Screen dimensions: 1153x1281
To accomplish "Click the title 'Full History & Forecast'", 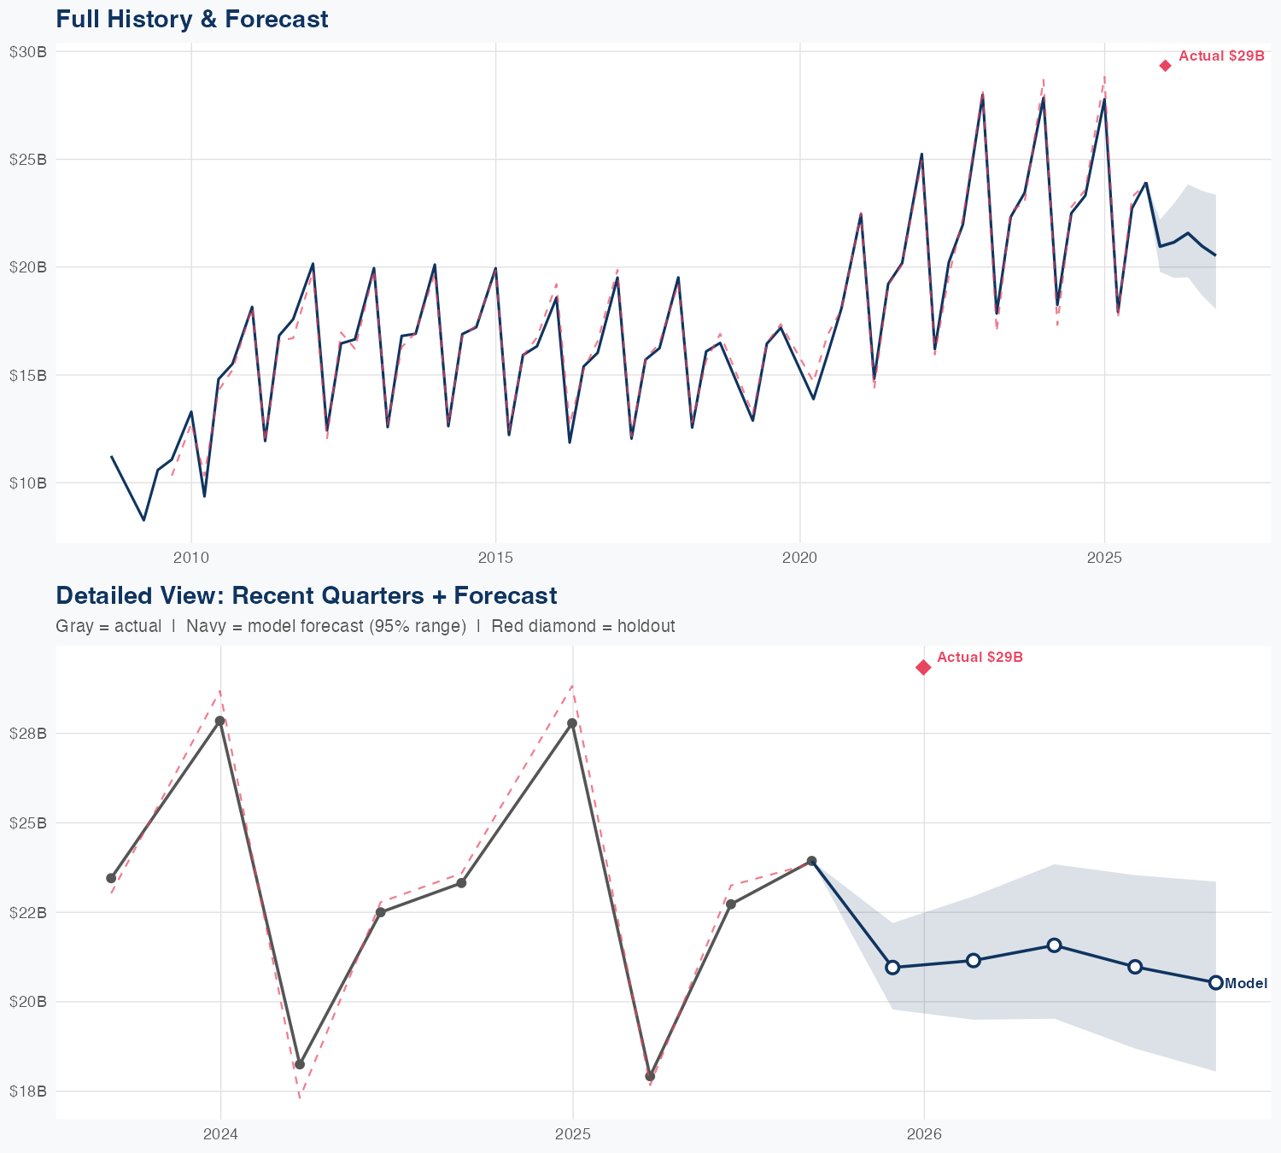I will click(x=191, y=19).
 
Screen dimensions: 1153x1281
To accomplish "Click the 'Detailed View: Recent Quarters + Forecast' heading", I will click(x=306, y=595).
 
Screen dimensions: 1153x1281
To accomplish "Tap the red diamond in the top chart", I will click(x=1165, y=66).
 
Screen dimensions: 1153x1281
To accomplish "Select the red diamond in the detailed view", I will click(x=923, y=667).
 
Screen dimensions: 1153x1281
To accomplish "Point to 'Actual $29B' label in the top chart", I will click(x=1221, y=56).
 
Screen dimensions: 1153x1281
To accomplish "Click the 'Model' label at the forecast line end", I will click(x=1246, y=984).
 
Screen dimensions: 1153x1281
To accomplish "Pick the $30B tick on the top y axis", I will click(x=27, y=51).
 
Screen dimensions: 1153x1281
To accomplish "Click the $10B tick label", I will click(x=27, y=483).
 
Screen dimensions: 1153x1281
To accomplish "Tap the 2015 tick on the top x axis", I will click(x=495, y=559).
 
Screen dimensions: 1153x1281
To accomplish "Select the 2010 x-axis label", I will click(x=190, y=559).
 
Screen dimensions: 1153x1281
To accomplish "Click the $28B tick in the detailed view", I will click(x=27, y=734).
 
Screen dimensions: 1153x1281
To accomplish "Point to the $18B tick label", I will click(x=27, y=1092).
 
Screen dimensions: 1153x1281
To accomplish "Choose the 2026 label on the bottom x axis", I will click(x=924, y=1134).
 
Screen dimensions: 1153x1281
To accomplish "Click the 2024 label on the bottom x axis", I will click(x=220, y=1134).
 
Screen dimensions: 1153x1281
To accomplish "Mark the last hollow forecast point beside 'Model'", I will click(x=1215, y=982).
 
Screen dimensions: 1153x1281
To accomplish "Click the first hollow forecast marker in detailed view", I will click(x=892, y=968).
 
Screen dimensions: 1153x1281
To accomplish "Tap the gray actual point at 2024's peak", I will click(x=219, y=721).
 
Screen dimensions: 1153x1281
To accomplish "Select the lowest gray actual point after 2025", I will click(x=650, y=1076).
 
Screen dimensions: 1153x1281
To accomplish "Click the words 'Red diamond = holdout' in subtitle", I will click(x=583, y=626).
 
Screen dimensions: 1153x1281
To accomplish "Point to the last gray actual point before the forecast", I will click(x=811, y=861).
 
